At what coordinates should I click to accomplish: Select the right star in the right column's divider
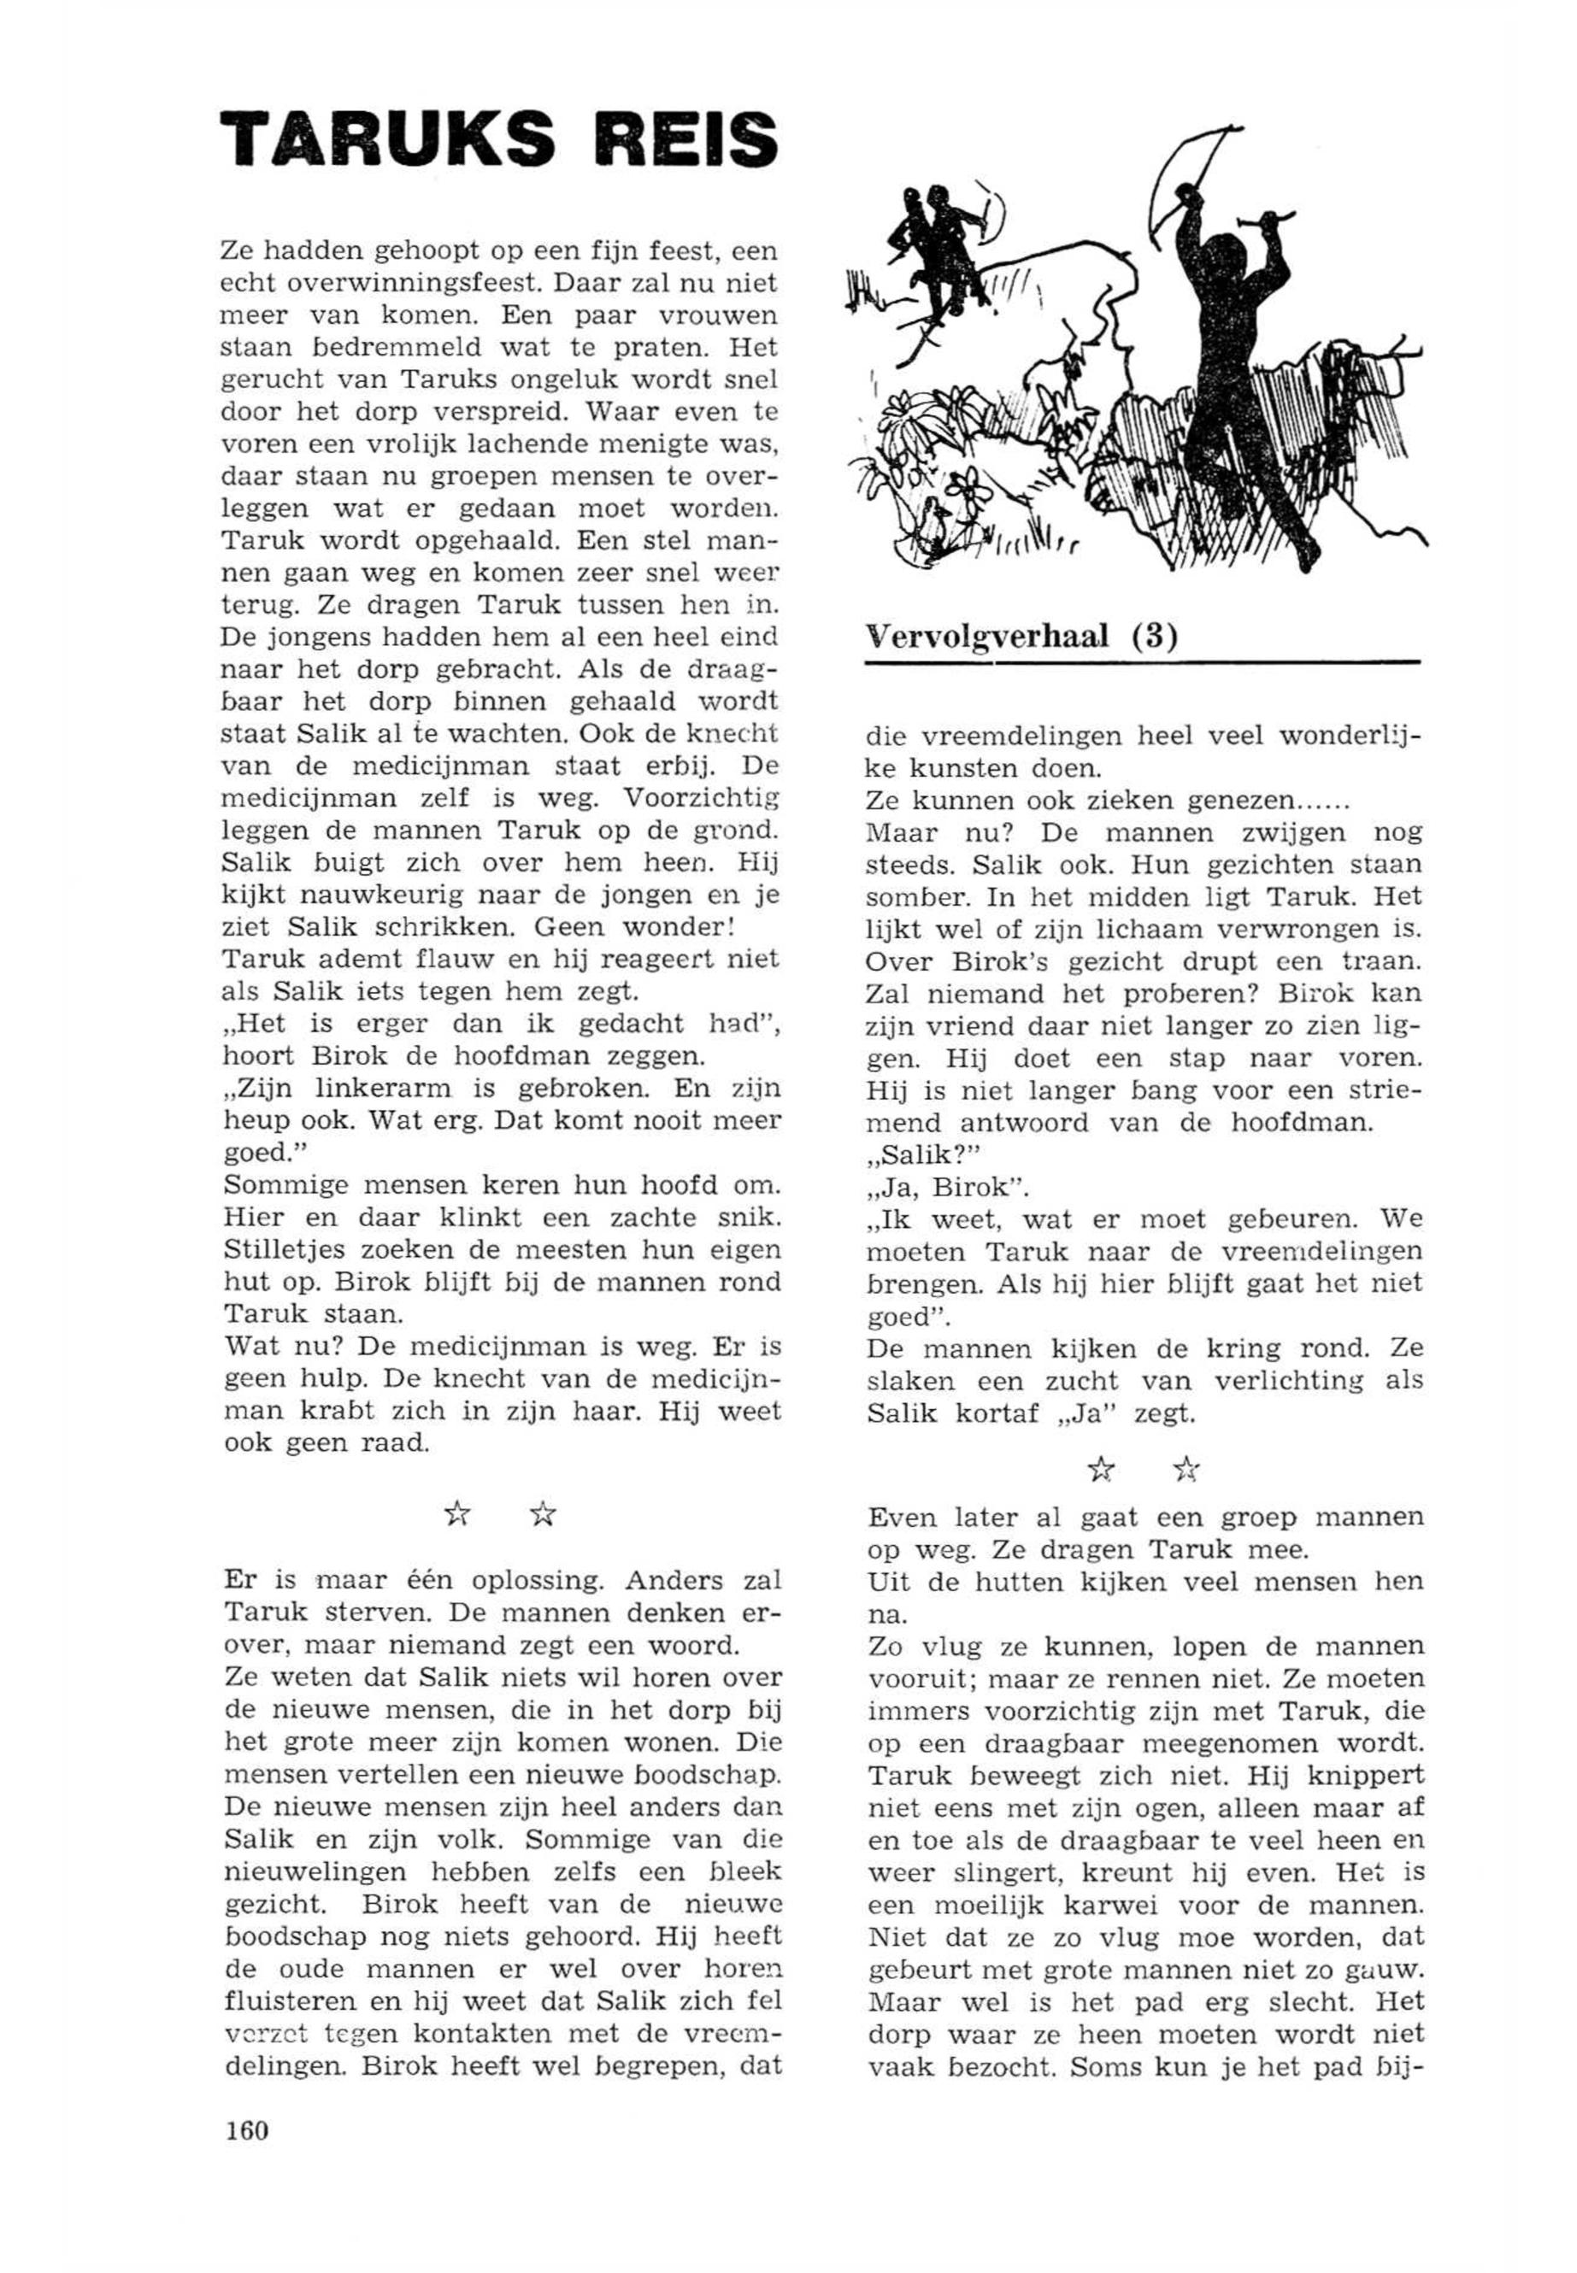[x=1186, y=1470]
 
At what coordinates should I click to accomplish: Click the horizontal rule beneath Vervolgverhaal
[x=1141, y=663]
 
